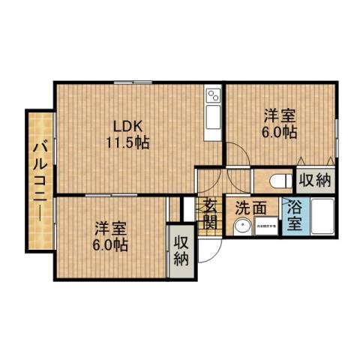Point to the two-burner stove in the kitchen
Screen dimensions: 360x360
(x=213, y=95)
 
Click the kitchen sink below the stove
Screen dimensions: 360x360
(x=213, y=118)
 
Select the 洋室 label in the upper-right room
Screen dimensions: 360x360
(x=279, y=116)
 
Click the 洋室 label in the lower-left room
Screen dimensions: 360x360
(x=109, y=228)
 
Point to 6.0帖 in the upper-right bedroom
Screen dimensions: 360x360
(x=279, y=133)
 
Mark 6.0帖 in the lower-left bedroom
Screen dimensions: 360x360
(x=109, y=244)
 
